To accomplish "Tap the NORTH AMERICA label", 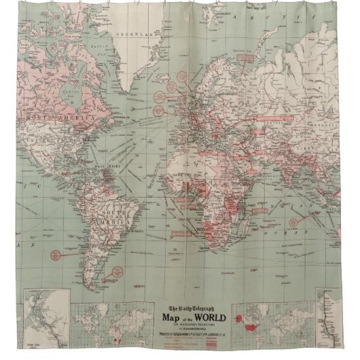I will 53,118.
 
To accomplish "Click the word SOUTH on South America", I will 109,195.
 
